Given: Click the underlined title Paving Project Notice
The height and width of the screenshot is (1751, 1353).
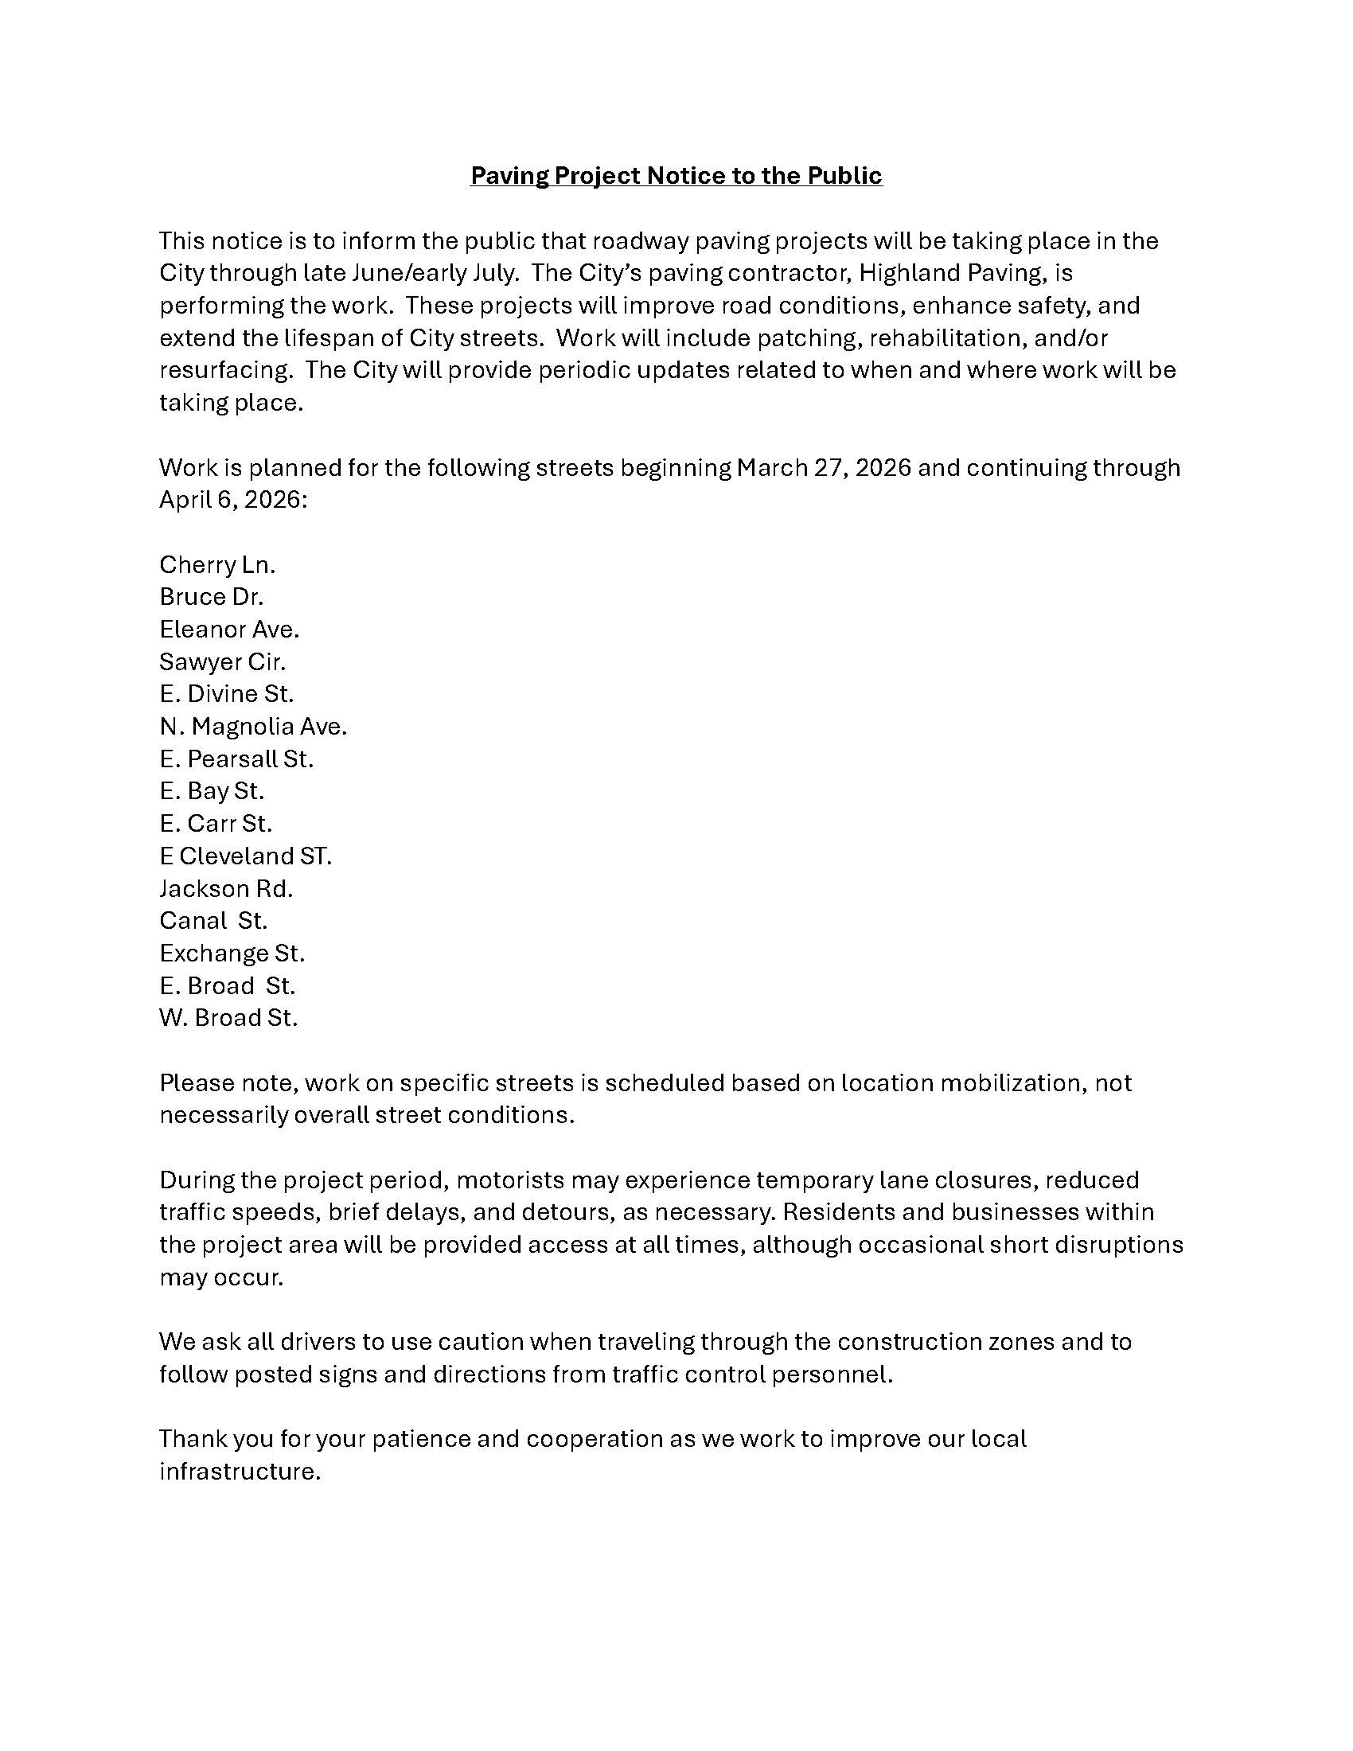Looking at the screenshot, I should [676, 176].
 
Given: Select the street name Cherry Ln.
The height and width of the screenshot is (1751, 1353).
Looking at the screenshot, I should [217, 565].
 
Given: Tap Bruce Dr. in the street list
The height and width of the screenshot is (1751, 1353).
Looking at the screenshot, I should [211, 597].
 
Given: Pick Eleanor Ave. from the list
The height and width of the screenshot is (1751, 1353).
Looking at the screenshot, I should [229, 630].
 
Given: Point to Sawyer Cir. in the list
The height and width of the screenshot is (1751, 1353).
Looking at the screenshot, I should [222, 662].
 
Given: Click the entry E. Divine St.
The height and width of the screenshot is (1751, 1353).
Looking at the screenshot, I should [226, 694].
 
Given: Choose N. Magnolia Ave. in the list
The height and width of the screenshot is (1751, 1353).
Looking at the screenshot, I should [252, 727].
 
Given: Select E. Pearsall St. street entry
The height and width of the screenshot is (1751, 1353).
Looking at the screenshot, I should [236, 759].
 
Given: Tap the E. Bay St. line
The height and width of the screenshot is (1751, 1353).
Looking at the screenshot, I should [212, 791].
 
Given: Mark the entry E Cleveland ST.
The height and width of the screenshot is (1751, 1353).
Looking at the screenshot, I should [244, 856].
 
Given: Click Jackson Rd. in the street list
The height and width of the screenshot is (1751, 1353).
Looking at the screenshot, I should [226, 889].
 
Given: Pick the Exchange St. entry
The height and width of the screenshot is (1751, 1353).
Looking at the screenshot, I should [232, 953].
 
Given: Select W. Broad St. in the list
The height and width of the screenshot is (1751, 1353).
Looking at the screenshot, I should [228, 1018].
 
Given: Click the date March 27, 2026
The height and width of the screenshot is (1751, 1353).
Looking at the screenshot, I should [823, 468].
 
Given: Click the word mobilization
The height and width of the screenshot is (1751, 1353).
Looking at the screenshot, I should [1012, 1083].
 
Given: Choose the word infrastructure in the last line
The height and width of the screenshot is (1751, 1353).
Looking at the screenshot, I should [240, 1471].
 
